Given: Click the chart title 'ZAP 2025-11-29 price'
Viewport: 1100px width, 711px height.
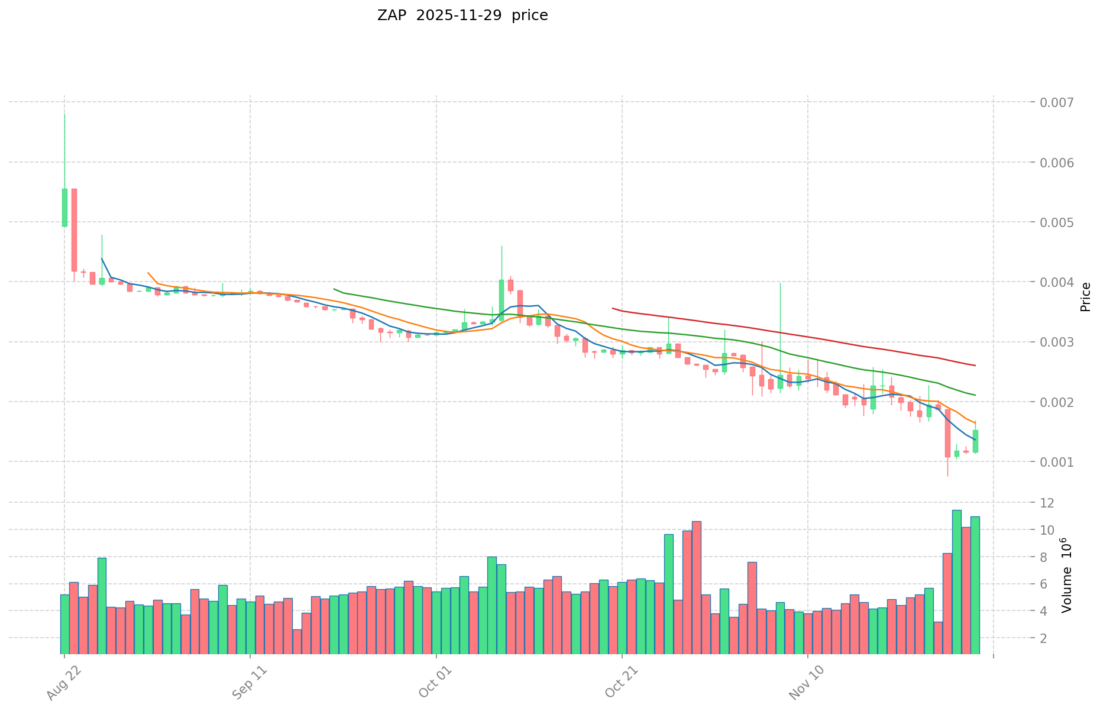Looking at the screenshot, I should [462, 15].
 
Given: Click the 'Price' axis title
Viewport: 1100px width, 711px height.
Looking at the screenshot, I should [1085, 297].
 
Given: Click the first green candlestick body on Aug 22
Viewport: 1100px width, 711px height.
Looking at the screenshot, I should [64, 207].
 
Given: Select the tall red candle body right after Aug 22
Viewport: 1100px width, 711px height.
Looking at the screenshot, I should [74, 230].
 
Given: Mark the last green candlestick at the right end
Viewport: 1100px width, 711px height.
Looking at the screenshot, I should [975, 441].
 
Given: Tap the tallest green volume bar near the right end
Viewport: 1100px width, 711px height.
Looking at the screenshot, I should [956, 581].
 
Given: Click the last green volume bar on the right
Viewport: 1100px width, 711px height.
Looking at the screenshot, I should [975, 585].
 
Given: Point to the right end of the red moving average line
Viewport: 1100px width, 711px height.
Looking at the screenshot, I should [975, 366].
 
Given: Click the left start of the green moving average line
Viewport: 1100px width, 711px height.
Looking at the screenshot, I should [334, 289].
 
